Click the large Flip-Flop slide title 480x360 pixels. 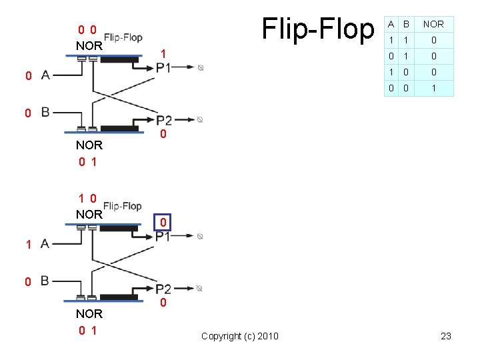[319, 28]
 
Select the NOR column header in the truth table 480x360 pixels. [433, 24]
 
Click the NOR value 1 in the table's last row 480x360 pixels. [433, 88]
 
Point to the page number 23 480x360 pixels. [446, 336]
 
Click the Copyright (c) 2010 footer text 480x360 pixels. [239, 336]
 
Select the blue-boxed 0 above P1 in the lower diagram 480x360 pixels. [163, 221]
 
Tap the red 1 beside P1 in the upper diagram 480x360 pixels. [163, 53]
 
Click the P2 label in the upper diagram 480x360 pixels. [164, 120]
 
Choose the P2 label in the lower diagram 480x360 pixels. [164, 289]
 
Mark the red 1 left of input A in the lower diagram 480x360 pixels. [28, 245]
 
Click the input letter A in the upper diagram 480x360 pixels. [45, 75]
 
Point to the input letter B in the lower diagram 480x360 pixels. [45, 281]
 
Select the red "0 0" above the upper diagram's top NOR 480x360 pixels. [87, 30]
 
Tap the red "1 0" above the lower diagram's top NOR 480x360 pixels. [87, 198]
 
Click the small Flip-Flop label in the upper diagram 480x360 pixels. [123, 37]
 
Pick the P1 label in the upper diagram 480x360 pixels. [163, 67]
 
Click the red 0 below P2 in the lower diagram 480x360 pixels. [163, 304]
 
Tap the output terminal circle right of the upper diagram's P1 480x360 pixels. [201, 68]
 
